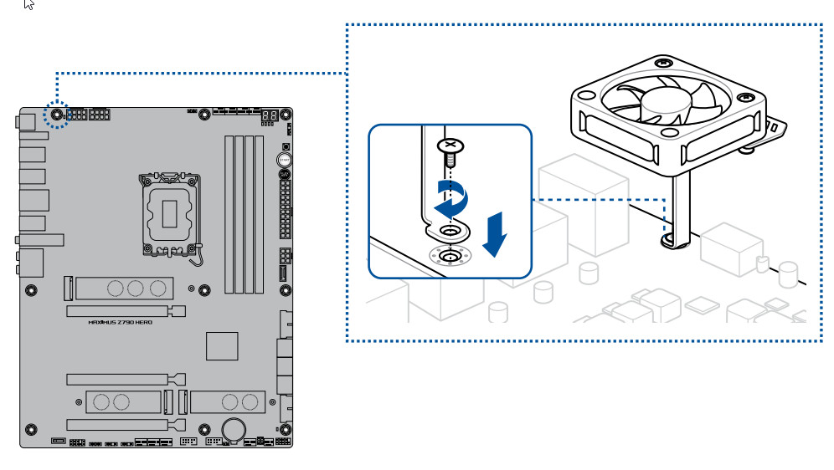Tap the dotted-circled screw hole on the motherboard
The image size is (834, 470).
pyautogui.click(x=57, y=115)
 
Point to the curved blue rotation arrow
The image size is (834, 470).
pyautogui.click(x=450, y=199)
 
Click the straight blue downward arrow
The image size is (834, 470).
pyautogui.click(x=495, y=234)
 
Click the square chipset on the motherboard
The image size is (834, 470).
pyautogui.click(x=222, y=345)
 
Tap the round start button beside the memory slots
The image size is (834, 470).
pyautogui.click(x=284, y=157)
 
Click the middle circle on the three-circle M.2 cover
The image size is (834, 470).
pyautogui.click(x=136, y=289)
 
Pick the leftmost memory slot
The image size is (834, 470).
pyautogui.click(x=227, y=214)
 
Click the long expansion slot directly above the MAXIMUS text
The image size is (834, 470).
pyautogui.click(x=126, y=310)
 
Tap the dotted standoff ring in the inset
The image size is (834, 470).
pyautogui.click(x=450, y=256)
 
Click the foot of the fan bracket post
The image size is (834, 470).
pyautogui.click(x=677, y=240)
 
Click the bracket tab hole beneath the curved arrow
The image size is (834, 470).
pyautogui.click(x=450, y=230)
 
